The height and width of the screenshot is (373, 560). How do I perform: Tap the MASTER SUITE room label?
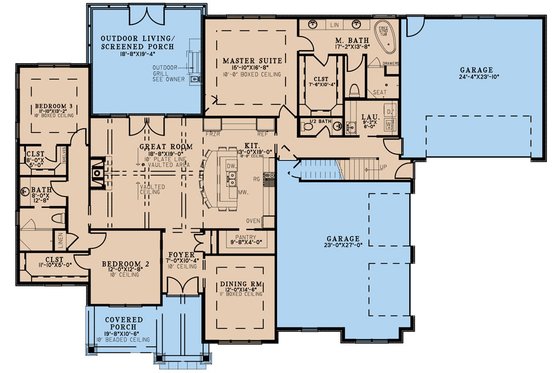pyautogui.click(x=249, y=62)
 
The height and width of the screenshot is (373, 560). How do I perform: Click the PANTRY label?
pyautogui.click(x=247, y=237)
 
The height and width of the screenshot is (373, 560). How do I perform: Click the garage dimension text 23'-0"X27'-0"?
pyautogui.click(x=341, y=247)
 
